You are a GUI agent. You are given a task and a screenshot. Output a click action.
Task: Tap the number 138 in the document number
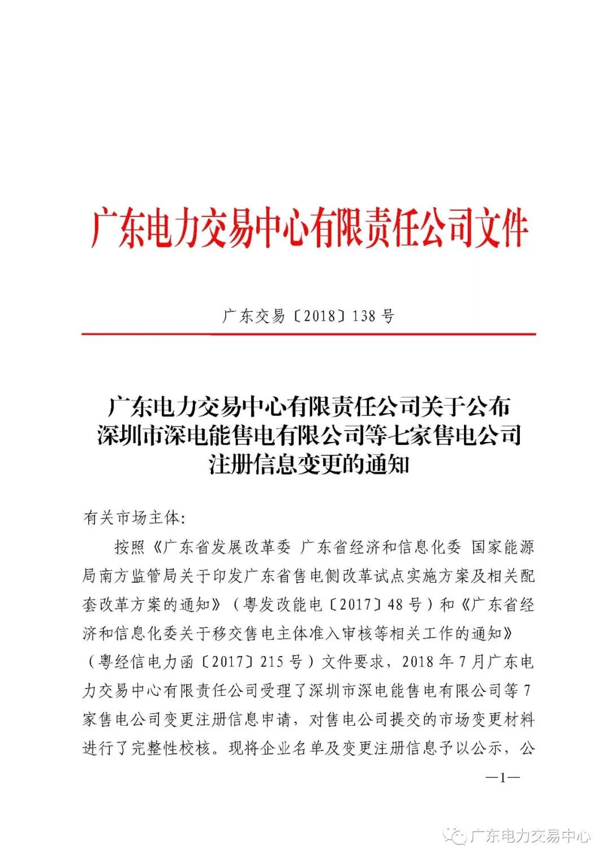363,316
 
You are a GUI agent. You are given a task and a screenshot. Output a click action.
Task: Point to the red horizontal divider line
308,334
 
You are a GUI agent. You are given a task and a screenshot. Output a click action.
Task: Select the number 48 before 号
395,605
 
